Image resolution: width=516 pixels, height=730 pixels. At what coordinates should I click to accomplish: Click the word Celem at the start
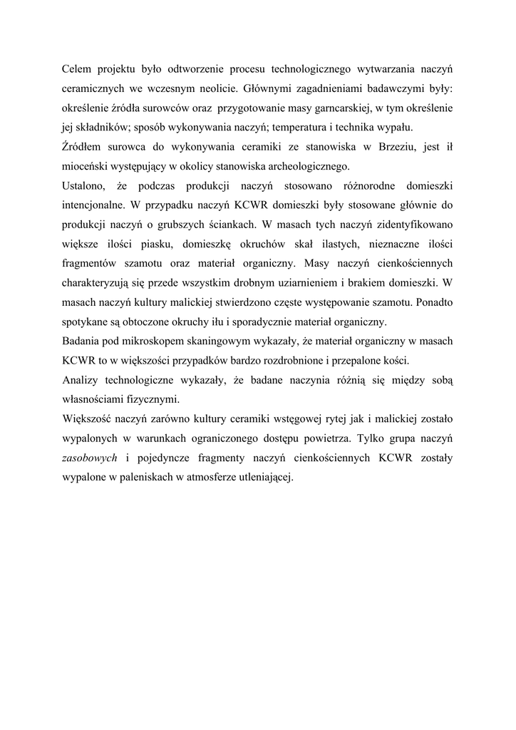[76, 68]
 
